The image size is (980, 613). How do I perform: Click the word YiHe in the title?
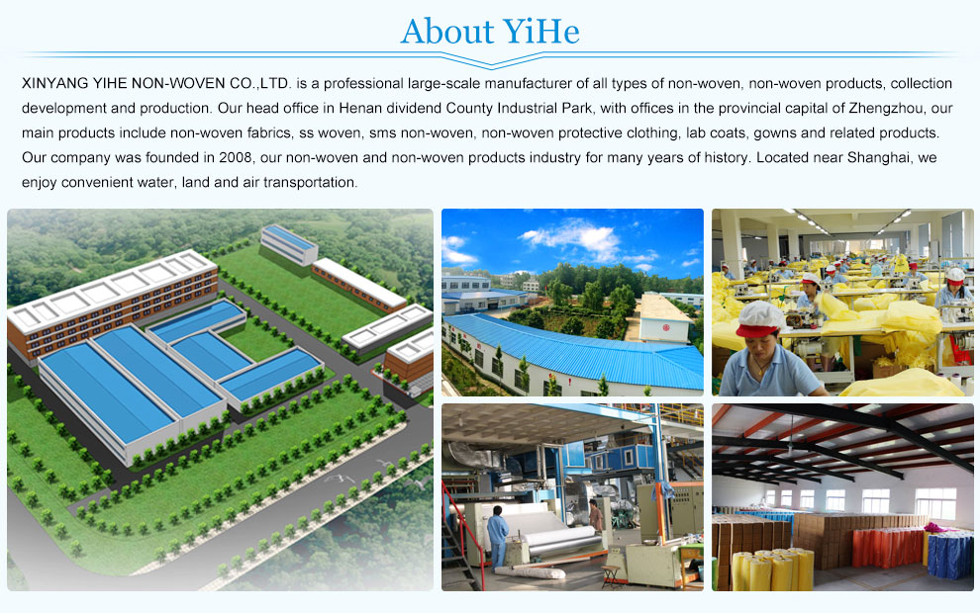pos(541,32)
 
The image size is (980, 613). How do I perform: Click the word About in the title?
pos(447,32)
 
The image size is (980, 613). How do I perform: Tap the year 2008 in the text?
pos(235,157)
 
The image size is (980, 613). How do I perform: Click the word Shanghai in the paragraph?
pos(877,157)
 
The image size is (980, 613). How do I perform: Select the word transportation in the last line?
pos(310,182)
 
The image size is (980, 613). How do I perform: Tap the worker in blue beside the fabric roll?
pos(498,537)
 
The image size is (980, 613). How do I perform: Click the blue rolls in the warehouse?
pos(950,555)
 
